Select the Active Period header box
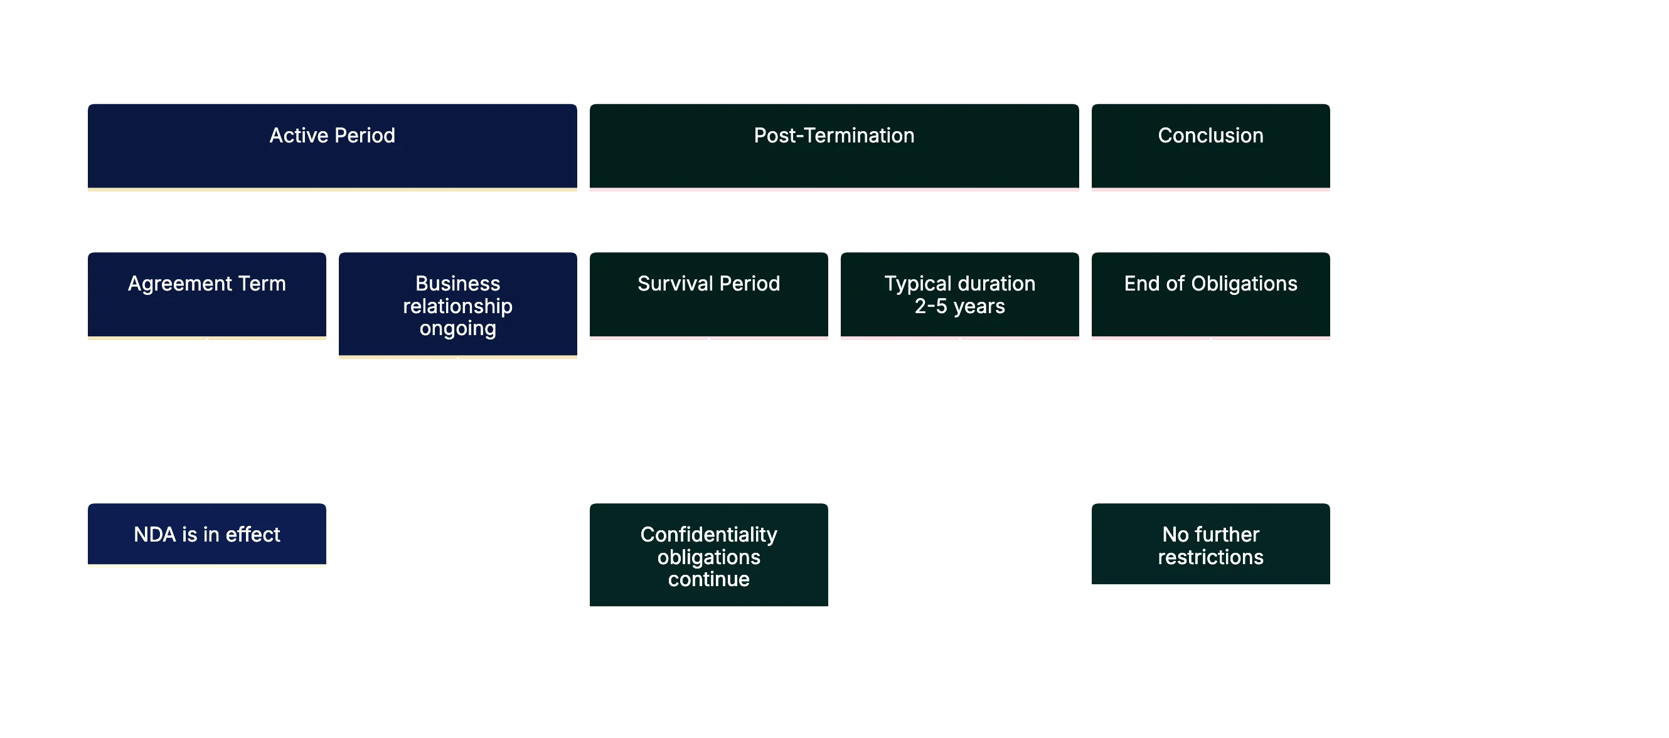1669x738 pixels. [x=331, y=146]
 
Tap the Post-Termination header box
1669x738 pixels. [x=833, y=146]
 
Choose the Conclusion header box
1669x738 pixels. [x=1210, y=146]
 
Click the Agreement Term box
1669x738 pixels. [x=206, y=295]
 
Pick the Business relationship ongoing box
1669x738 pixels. [x=457, y=305]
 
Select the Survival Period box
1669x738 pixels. [x=708, y=295]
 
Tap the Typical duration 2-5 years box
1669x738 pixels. [x=959, y=295]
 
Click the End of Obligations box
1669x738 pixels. [x=1210, y=295]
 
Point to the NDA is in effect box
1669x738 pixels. [x=206, y=535]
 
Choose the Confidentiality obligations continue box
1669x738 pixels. [x=708, y=557]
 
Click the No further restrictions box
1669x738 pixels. [x=1210, y=545]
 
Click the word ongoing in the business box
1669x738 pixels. [x=457, y=328]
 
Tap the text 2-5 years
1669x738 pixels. [x=959, y=306]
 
